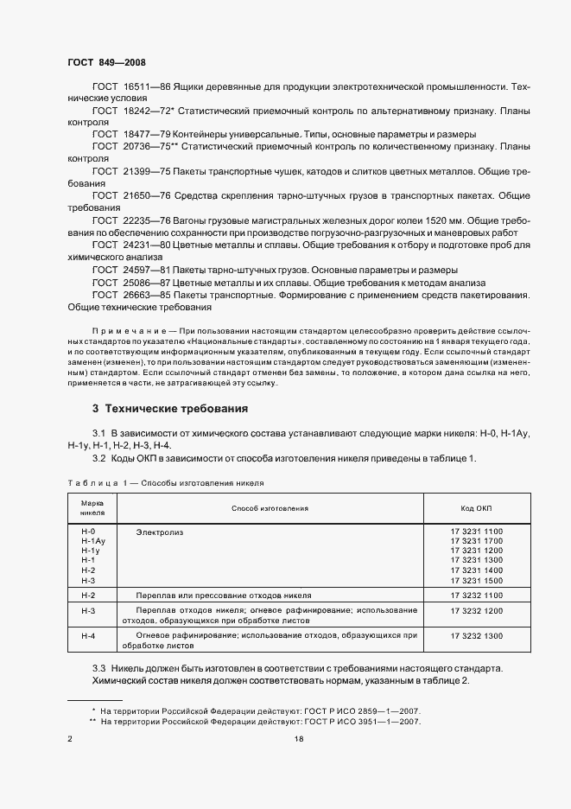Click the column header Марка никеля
(92, 507)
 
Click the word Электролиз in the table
(160, 532)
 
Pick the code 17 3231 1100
(476, 532)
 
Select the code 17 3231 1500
(476, 581)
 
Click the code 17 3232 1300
(476, 635)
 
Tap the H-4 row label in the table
(87, 635)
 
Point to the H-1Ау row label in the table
(92, 541)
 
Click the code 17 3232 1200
(476, 610)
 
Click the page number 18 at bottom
(298, 738)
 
